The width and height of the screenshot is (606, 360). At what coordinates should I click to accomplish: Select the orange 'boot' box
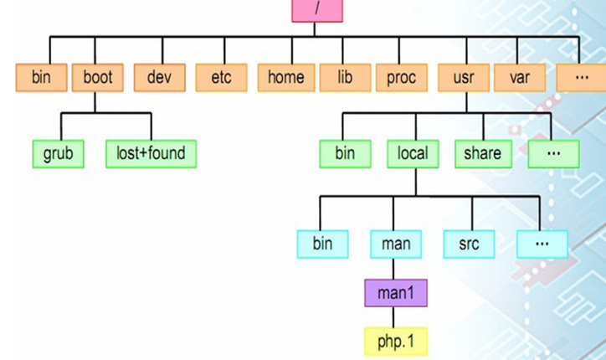(97, 78)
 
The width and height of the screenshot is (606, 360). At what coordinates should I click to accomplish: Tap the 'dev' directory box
(159, 78)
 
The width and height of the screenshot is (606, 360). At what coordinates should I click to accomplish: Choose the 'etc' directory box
(221, 78)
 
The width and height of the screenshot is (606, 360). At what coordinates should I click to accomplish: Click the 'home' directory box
(285, 78)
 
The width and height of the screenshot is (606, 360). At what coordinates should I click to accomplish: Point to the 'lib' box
(344, 78)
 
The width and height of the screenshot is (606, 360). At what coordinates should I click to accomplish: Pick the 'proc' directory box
(401, 78)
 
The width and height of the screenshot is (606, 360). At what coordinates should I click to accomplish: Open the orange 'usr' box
(464, 78)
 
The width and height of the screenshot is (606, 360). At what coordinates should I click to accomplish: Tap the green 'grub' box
(58, 154)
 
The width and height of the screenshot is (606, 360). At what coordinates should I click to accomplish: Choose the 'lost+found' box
(151, 154)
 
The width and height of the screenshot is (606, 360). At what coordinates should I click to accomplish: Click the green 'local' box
(413, 153)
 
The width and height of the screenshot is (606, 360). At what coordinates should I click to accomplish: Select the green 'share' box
(482, 153)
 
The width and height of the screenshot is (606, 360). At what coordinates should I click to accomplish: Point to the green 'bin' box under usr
(344, 153)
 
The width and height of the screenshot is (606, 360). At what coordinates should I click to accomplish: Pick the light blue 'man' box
(396, 244)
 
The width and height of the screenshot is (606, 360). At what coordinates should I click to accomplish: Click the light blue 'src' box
(469, 244)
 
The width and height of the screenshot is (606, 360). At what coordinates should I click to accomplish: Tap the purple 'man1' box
(395, 293)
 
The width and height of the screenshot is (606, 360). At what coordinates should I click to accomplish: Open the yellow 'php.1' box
(395, 341)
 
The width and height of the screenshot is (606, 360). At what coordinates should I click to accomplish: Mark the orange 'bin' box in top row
(41, 78)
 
